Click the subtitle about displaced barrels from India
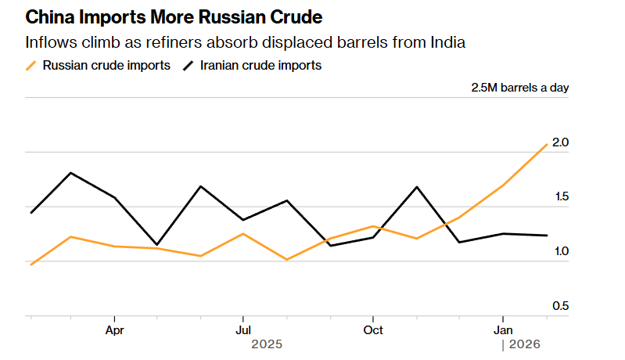(x=246, y=42)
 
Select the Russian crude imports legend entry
(x=106, y=66)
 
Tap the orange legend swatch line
(x=31, y=66)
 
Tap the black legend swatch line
(x=189, y=66)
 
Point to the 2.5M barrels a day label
(x=519, y=88)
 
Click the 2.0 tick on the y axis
(x=559, y=142)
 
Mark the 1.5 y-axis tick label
(x=559, y=197)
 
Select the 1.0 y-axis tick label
(x=559, y=252)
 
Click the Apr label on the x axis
(x=115, y=329)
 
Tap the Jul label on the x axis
(x=243, y=329)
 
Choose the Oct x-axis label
(x=373, y=329)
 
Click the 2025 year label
(x=266, y=344)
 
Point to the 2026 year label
(x=525, y=344)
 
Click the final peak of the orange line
(x=546, y=144)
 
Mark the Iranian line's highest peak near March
(x=71, y=172)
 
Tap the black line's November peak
(x=416, y=187)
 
